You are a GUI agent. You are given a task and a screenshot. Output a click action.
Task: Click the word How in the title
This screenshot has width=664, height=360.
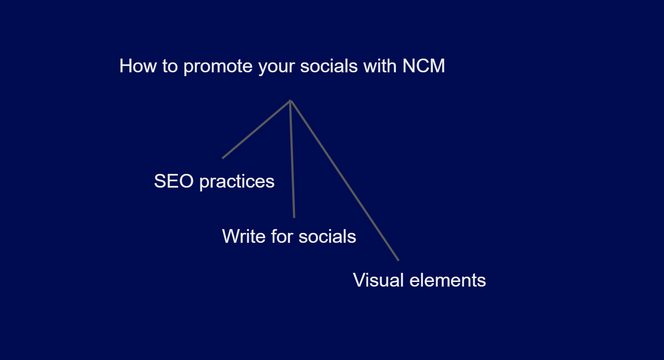138,66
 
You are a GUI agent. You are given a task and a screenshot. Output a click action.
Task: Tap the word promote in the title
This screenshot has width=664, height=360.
218,67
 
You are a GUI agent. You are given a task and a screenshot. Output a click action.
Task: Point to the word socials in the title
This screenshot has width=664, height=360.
329,66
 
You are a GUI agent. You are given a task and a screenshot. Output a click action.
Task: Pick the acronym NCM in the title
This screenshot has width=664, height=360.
424,66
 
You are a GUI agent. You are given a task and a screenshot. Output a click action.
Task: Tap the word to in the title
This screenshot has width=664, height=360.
170,67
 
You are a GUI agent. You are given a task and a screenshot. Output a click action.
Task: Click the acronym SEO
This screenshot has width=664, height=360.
174,181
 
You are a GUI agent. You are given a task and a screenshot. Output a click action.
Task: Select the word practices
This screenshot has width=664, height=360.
237,182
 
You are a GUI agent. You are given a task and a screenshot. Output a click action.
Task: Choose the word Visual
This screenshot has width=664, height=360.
378,280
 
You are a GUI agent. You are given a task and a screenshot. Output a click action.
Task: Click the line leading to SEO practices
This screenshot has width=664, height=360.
256,129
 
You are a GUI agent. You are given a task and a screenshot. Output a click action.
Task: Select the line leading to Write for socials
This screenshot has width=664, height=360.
292,159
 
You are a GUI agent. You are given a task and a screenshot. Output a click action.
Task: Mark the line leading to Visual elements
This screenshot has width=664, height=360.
345,180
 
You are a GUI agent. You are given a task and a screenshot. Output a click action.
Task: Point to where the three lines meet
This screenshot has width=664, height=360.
290,101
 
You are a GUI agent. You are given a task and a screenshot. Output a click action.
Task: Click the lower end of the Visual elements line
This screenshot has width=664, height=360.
399,261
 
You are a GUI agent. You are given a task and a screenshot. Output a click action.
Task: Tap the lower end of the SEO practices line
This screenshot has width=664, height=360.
223,158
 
